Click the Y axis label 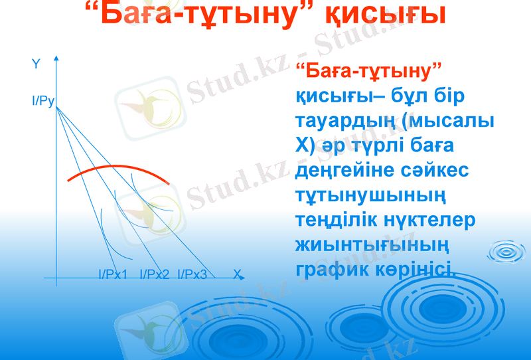coord(36,64)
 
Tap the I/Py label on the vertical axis coord(42,102)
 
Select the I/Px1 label coord(113,274)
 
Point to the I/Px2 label coord(154,274)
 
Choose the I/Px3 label coord(192,274)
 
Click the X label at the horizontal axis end coord(236,273)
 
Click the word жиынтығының coord(372,244)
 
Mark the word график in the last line coord(331,268)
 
